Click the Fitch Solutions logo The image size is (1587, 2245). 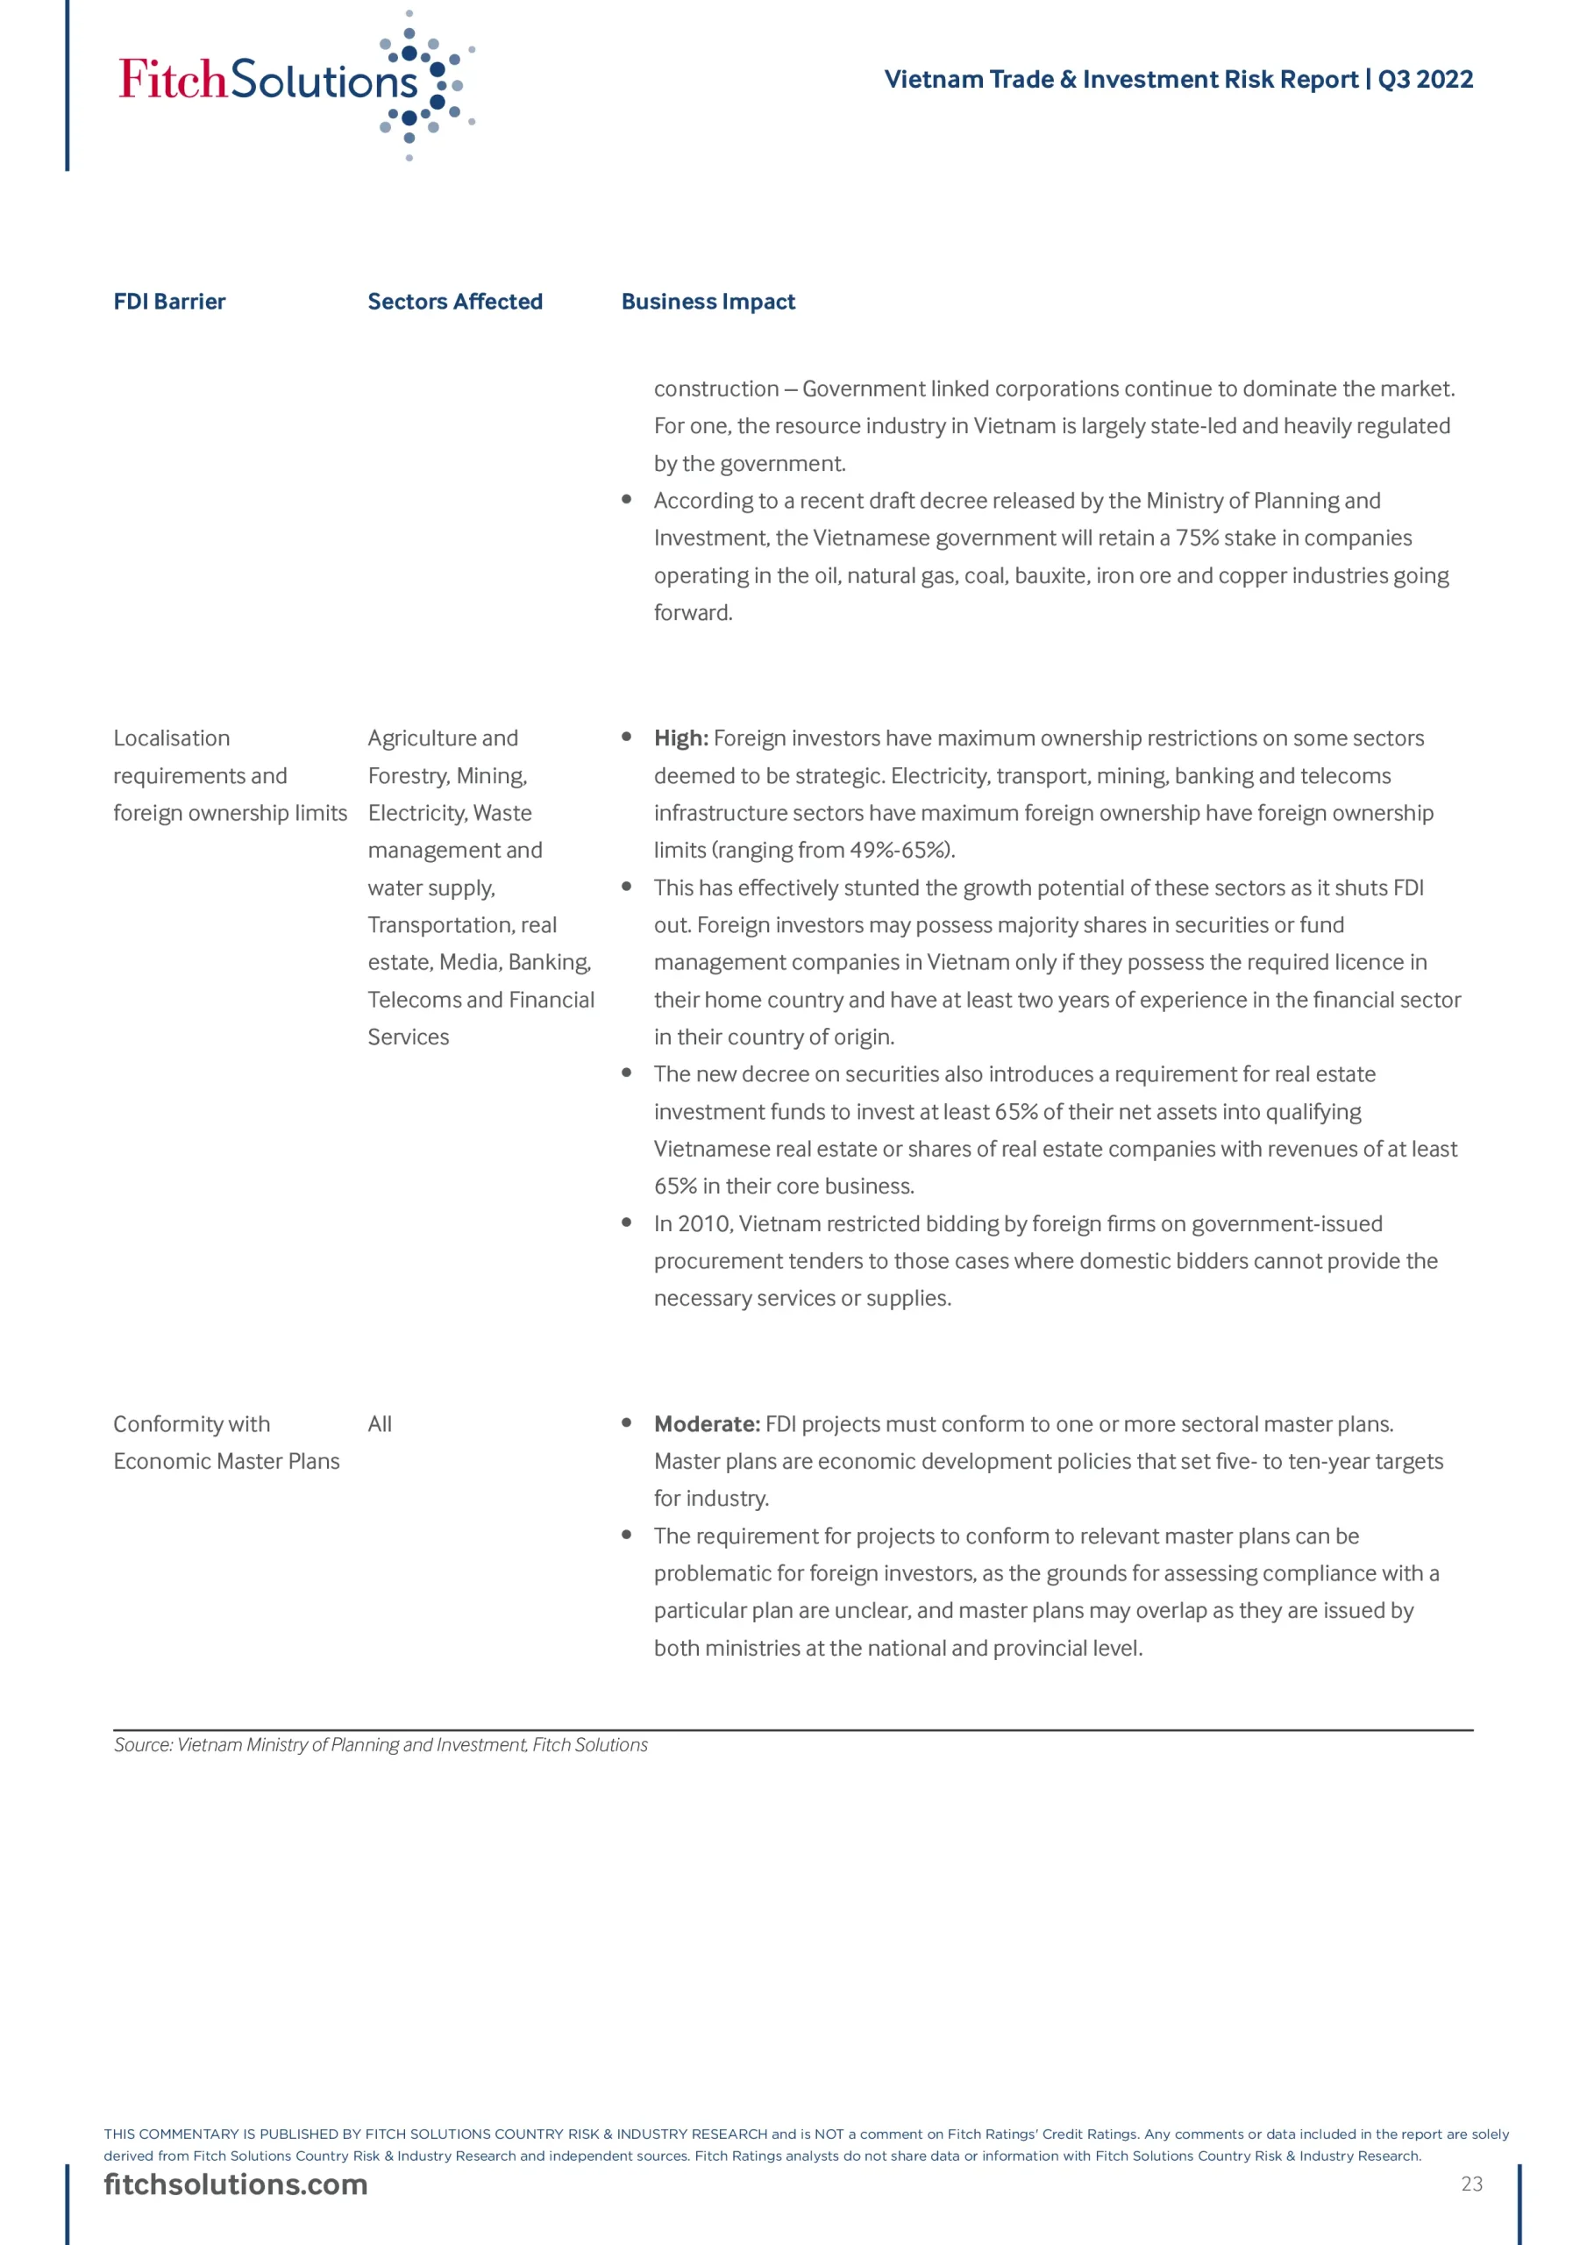[294, 83]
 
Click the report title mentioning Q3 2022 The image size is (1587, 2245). [1178, 79]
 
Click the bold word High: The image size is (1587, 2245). [680, 738]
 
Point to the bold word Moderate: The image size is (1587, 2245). [706, 1423]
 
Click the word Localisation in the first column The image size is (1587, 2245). [172, 738]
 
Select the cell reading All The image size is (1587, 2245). [380, 1423]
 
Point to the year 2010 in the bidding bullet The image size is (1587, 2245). [703, 1223]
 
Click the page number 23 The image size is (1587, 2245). [1471, 2184]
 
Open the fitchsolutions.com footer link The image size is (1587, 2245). [236, 2184]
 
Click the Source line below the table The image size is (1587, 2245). [381, 1744]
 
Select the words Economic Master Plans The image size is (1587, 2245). [227, 1461]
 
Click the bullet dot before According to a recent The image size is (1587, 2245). [626, 500]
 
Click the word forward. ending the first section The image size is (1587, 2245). [693, 612]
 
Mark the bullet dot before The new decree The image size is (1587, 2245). [626, 1073]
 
